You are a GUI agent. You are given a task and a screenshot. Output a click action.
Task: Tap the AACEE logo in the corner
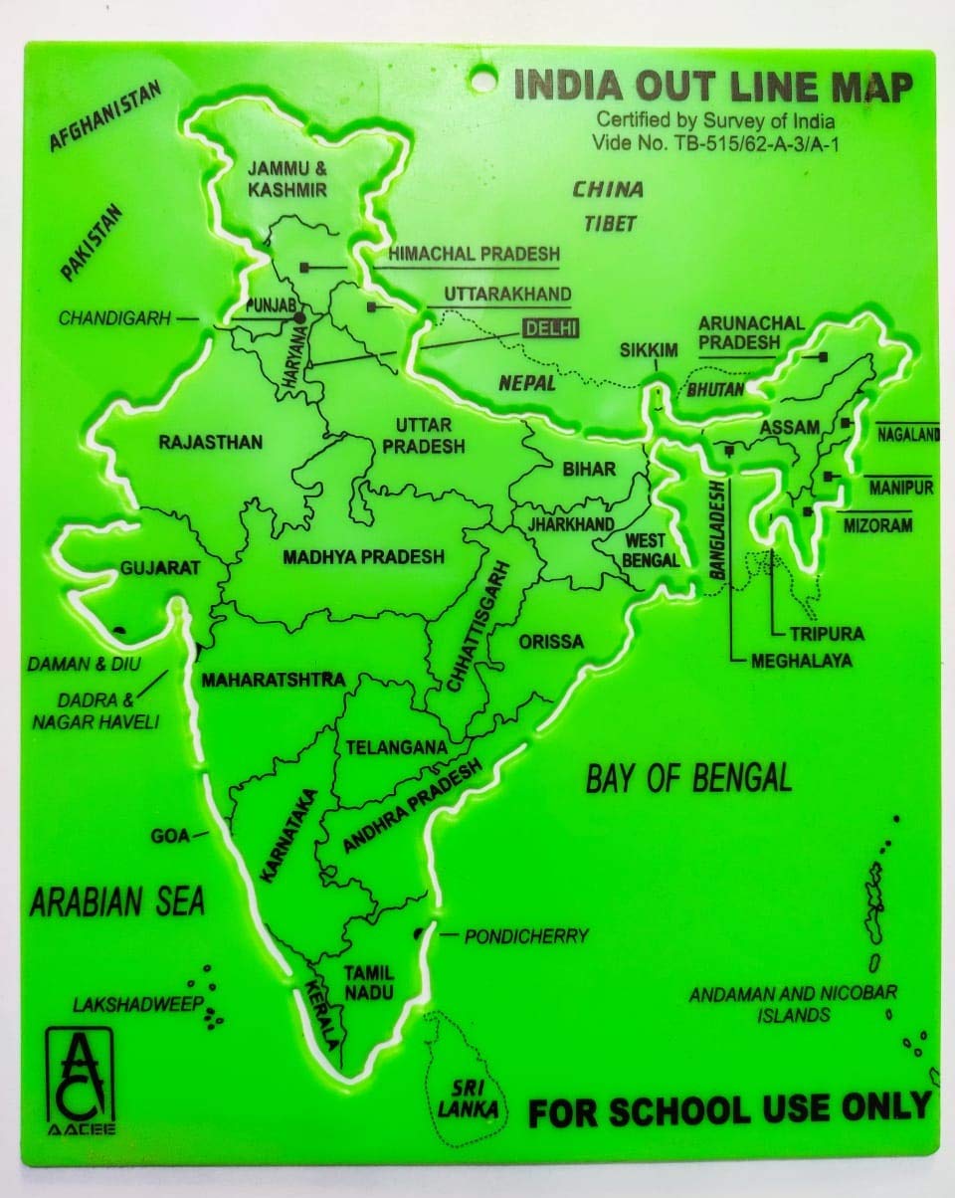click(80, 1080)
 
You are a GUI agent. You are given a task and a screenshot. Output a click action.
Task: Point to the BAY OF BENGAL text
click(688, 777)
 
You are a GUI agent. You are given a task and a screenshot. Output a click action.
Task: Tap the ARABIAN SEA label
click(116, 901)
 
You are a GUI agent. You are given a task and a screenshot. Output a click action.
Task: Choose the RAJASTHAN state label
click(211, 442)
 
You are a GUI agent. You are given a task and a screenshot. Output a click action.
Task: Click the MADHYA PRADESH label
click(363, 557)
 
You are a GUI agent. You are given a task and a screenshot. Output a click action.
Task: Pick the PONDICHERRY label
click(526, 935)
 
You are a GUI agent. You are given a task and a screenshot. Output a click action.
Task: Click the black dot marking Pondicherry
click(420, 933)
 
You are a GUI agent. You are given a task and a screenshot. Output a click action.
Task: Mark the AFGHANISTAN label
click(104, 117)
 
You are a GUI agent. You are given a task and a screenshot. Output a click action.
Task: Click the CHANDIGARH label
click(115, 318)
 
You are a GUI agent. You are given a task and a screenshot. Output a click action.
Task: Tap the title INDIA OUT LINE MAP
click(711, 88)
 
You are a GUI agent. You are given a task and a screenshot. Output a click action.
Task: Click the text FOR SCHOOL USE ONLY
click(728, 1107)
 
